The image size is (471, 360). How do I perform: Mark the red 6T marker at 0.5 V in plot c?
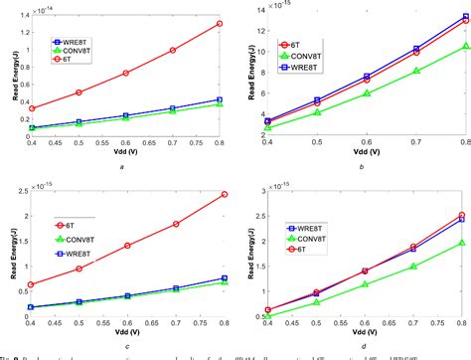pyautogui.click(x=78, y=269)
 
